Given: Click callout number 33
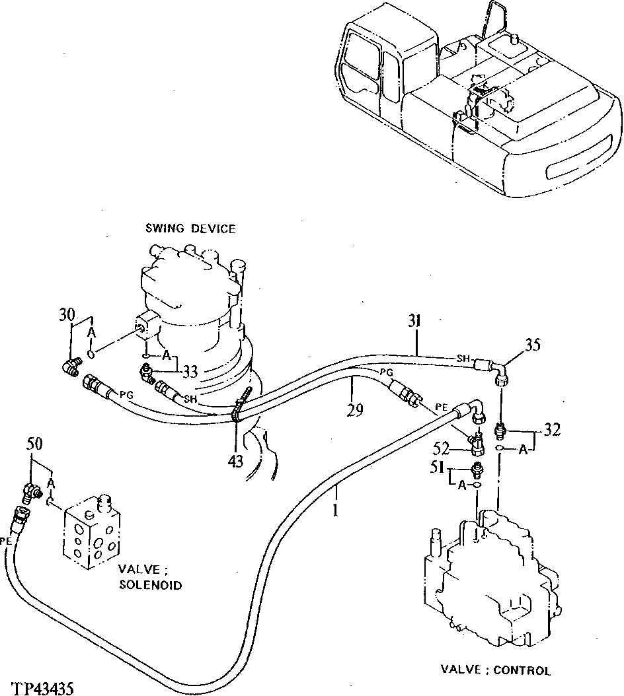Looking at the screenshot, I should click(x=190, y=372).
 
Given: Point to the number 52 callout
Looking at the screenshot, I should click(x=442, y=450).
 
